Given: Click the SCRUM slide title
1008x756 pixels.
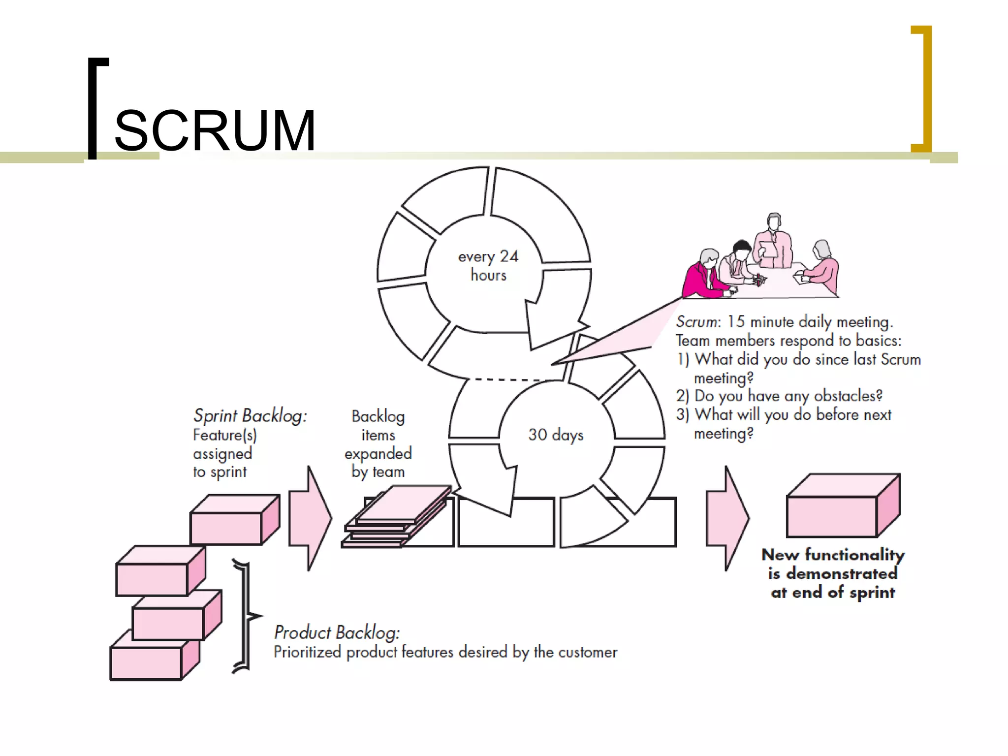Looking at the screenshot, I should pyautogui.click(x=215, y=131).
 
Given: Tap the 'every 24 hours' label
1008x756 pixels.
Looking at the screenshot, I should pyautogui.click(x=488, y=266).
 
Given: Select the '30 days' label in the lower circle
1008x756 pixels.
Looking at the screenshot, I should pyautogui.click(x=556, y=435).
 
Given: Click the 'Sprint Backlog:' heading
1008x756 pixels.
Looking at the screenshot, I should pyautogui.click(x=250, y=416).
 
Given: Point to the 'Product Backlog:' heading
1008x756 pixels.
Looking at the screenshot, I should pyautogui.click(x=337, y=632).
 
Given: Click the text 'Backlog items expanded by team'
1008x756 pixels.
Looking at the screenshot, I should pyautogui.click(x=378, y=444).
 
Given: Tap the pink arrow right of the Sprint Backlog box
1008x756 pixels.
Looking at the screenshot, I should pyautogui.click(x=310, y=518).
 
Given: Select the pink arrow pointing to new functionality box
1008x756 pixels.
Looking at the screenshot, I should pyautogui.click(x=727, y=518).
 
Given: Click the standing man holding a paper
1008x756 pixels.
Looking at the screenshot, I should pyautogui.click(x=774, y=241).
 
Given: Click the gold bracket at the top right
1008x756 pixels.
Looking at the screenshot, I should pyautogui.click(x=925, y=89).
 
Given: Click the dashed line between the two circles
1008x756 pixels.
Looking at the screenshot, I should pyautogui.click(x=507, y=379).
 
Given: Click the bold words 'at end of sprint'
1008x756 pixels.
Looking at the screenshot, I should pyautogui.click(x=833, y=593).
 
